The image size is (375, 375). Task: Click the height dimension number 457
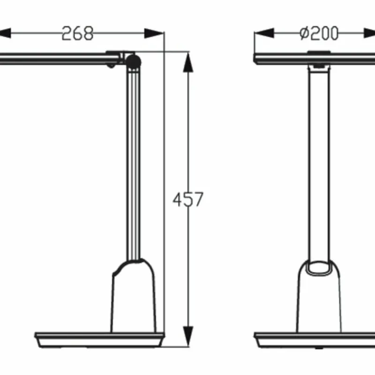pyautogui.click(x=188, y=200)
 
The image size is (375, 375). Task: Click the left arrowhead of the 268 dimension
pyautogui.click(x=4, y=34)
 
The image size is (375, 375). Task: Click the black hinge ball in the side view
pyautogui.click(x=134, y=61)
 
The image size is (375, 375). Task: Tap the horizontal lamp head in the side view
pyautogui.click(x=56, y=59)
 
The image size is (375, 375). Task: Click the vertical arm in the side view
pyautogui.click(x=134, y=164)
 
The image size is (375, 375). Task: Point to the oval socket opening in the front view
pyautogui.click(x=320, y=267)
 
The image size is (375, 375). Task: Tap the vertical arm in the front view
pyautogui.click(x=320, y=164)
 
